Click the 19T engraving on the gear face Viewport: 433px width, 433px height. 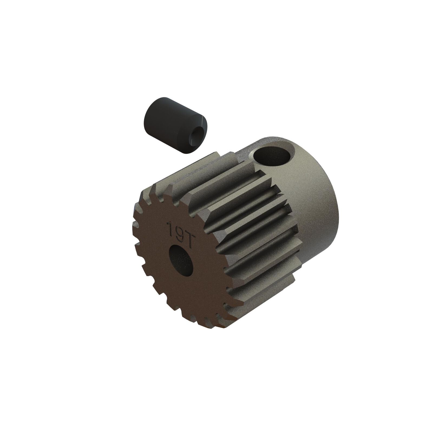point(179,230)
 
